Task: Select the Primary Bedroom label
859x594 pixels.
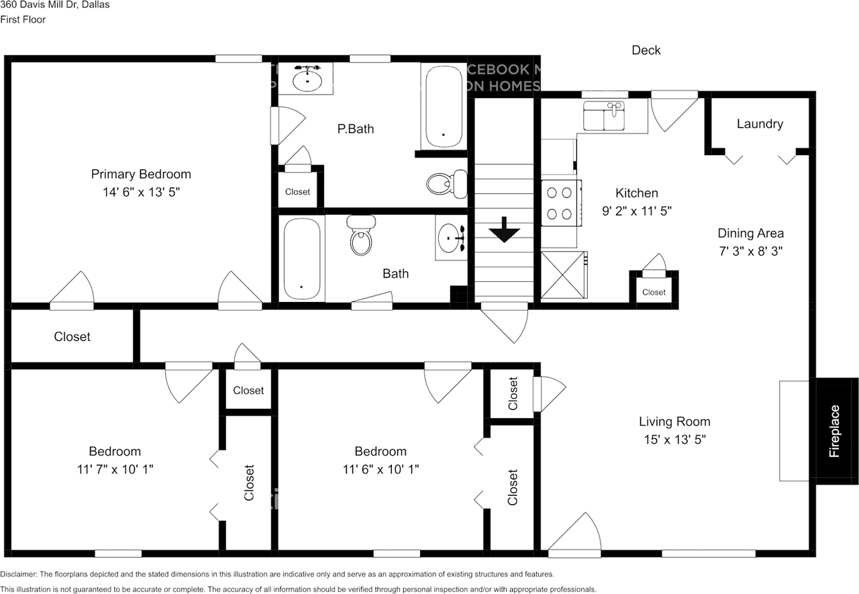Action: (141, 174)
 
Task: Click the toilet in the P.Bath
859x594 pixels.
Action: (448, 182)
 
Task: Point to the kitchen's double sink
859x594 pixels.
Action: (604, 116)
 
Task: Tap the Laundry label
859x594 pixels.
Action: (760, 123)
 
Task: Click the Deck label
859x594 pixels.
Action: (646, 50)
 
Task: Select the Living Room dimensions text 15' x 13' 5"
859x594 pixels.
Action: (674, 440)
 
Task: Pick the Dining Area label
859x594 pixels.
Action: (750, 234)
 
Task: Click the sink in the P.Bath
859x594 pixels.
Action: (308, 79)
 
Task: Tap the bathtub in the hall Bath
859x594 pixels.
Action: (301, 259)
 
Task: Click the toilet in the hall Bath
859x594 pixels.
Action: (361, 236)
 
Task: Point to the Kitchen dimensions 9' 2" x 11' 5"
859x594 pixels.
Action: (637, 211)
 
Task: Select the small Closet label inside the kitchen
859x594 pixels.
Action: (654, 292)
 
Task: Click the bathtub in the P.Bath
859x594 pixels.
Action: (443, 106)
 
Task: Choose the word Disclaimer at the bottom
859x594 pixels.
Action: (19, 575)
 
